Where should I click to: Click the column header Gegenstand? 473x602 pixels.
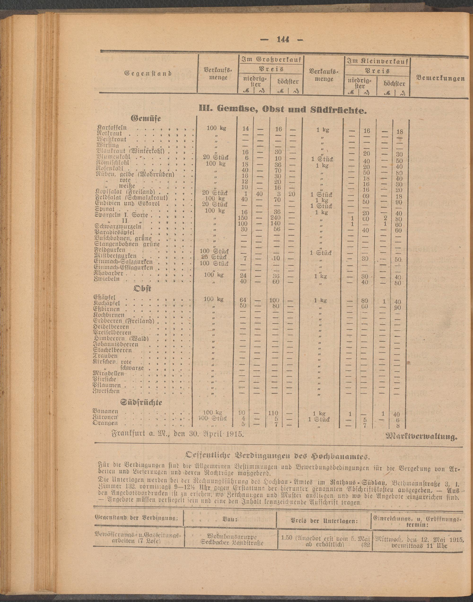pos(149,73)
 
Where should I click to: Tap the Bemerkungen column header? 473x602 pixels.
pos(441,78)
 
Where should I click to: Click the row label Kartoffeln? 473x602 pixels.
pos(112,128)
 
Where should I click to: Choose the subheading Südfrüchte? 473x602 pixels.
pos(141,402)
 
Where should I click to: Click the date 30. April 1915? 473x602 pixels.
pos(210,433)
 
